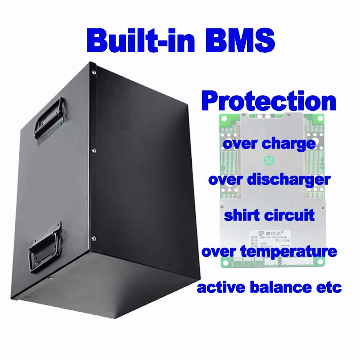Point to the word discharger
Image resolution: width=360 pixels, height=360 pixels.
click(288, 180)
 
